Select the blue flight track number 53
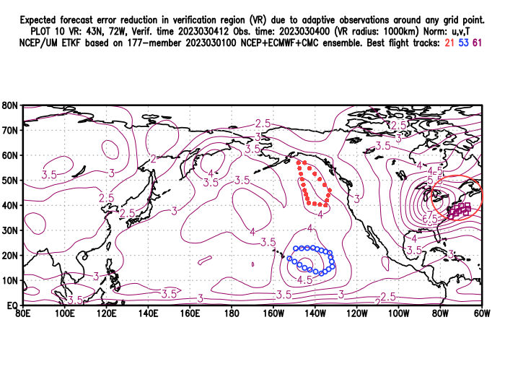click(x=465, y=44)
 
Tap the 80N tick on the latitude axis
click(x=10, y=105)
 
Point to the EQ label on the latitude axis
click(x=11, y=305)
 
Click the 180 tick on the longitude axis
click(x=232, y=313)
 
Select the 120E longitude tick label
click(x=106, y=313)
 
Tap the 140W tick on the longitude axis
click(x=315, y=313)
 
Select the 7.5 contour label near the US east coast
click(x=431, y=217)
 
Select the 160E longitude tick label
click(x=190, y=313)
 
